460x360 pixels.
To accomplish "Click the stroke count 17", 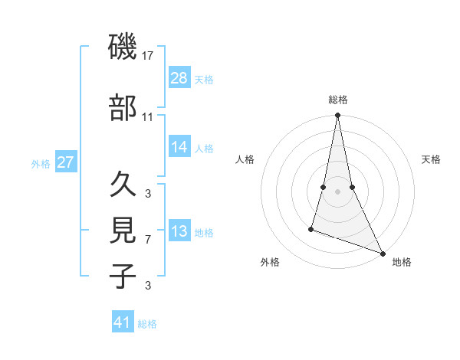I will [148, 56].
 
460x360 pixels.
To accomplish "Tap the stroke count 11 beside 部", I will [148, 117].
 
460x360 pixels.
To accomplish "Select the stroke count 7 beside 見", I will [148, 240].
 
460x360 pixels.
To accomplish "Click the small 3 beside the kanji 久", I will [148, 193].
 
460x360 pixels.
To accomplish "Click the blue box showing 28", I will [179, 77].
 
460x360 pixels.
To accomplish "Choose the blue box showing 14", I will [179, 147].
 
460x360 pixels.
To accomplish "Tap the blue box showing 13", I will [179, 231].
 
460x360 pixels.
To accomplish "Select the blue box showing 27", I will [66, 162].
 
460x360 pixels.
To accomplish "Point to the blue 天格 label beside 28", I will [204, 80].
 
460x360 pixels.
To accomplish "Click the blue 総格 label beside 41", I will [147, 324].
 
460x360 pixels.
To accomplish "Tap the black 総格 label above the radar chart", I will [337, 100].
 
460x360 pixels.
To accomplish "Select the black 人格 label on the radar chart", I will [245, 159].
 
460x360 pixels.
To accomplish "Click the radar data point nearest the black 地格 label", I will [382, 254].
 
